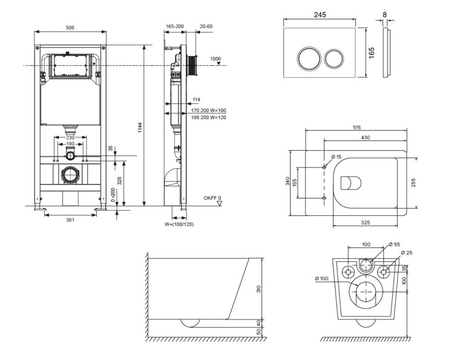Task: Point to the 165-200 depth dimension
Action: click(174, 27)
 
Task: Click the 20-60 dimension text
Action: click(206, 27)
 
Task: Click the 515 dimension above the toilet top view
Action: click(356, 128)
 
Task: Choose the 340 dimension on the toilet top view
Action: click(288, 182)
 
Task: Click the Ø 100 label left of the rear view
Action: click(322, 278)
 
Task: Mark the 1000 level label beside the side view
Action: click(215, 59)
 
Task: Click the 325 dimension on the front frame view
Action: click(119, 180)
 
